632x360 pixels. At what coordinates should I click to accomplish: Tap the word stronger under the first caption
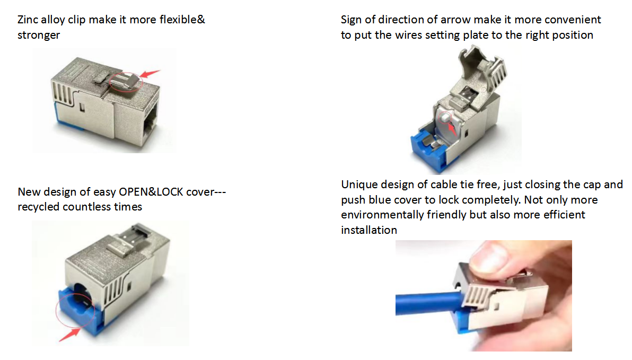pos(39,35)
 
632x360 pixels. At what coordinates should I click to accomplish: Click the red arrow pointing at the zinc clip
pos(150,74)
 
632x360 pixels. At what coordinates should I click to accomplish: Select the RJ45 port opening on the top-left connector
pos(151,120)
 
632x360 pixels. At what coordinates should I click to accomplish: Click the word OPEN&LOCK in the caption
pos(151,192)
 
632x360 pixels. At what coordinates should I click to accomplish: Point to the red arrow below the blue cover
pos(69,334)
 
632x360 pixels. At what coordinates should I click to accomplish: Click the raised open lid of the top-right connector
pos(481,68)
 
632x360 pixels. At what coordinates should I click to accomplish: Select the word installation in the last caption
pos(369,230)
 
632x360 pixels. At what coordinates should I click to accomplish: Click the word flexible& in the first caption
pos(182,20)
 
